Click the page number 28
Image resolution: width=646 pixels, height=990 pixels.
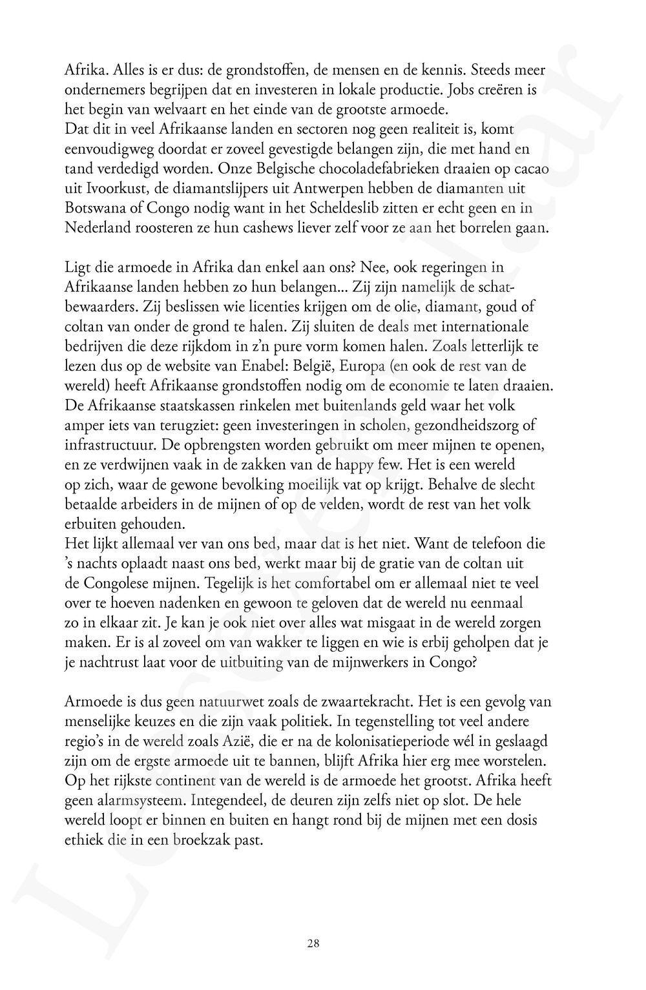pos(313,944)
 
